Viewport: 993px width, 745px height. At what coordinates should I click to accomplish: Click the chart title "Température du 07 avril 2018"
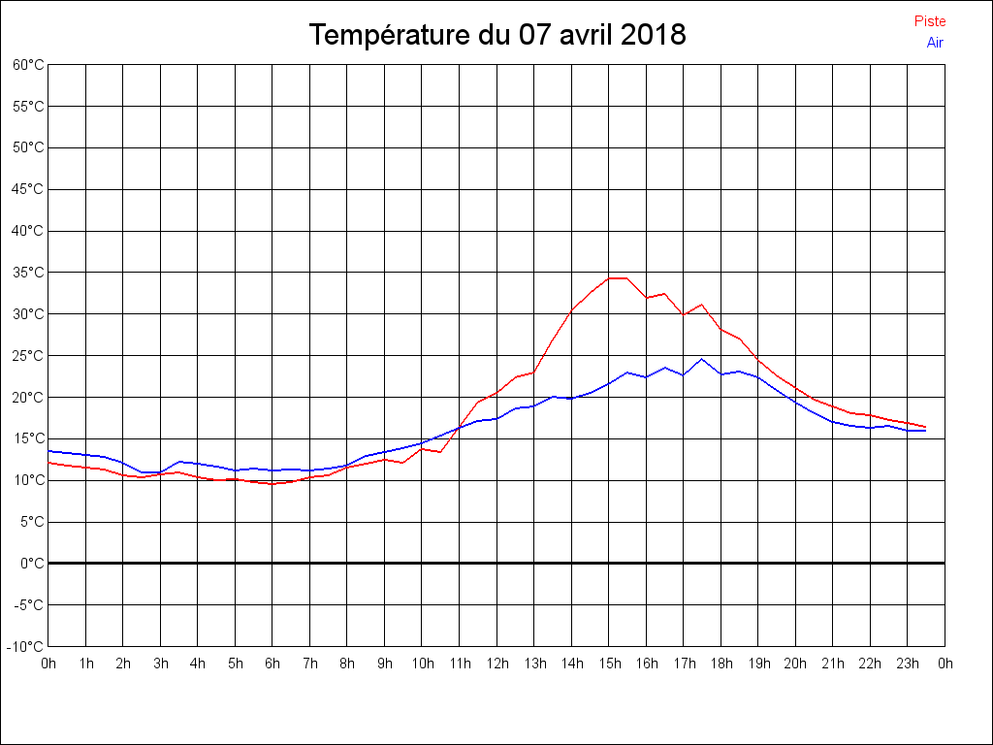coord(497,35)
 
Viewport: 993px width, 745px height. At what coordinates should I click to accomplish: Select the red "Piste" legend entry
coord(930,21)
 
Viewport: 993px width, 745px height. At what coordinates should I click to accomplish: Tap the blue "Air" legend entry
coord(935,43)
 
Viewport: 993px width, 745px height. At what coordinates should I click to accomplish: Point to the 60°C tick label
coord(28,65)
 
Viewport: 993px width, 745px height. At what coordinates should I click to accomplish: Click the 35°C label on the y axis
coord(28,273)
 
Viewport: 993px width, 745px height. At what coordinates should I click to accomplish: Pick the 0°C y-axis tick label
coord(32,563)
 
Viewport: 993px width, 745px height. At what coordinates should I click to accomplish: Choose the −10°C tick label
coord(26,646)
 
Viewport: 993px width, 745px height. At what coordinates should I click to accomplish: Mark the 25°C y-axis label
coord(28,356)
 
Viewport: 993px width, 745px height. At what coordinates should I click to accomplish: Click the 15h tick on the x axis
coord(608,664)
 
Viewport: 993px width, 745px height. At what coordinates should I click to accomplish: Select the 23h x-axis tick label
coord(907,664)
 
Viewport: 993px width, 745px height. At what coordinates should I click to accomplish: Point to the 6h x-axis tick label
coord(272,664)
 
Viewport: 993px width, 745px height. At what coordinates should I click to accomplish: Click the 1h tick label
coord(85,664)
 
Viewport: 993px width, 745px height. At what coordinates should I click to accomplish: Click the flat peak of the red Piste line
coord(618,278)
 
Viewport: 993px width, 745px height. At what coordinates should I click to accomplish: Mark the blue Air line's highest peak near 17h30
coord(701,359)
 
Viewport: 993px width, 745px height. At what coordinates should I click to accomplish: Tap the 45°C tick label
coord(28,189)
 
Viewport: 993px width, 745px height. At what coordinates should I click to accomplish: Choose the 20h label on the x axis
coord(795,664)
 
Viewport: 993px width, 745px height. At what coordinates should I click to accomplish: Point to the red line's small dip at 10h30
coord(440,452)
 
